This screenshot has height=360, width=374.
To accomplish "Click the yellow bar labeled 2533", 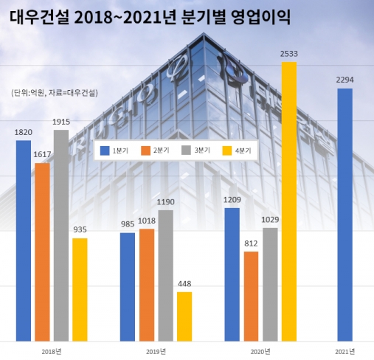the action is click(x=289, y=201).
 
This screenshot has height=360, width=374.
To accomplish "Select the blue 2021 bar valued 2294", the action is click(x=345, y=215).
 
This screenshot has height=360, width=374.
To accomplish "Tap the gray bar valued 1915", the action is click(x=61, y=235).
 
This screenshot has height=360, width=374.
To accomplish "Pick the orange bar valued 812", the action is click(x=252, y=297).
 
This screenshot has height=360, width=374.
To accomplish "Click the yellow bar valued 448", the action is click(x=184, y=316).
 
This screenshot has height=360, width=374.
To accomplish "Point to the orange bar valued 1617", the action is click(x=42, y=252).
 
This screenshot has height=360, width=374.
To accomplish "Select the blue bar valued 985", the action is click(x=128, y=287).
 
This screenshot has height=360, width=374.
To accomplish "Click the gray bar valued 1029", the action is click(x=270, y=285).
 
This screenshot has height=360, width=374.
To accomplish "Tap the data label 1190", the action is click(x=166, y=202).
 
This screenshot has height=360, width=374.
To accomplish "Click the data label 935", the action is click(x=80, y=229).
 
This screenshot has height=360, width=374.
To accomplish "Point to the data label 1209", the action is click(x=232, y=200).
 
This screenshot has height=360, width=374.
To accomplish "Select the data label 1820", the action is click(x=24, y=132).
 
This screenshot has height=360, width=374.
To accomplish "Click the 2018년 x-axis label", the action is click(x=52, y=352).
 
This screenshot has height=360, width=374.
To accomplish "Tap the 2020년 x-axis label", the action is click(x=260, y=352).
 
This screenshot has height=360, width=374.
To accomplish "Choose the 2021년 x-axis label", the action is click(x=345, y=352).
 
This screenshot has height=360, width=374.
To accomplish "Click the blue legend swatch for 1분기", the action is click(x=105, y=150).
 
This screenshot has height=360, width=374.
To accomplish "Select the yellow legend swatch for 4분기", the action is click(x=227, y=150).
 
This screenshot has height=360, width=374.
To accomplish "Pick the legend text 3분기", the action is click(x=202, y=150).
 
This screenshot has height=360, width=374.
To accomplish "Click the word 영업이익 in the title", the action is click(x=261, y=17).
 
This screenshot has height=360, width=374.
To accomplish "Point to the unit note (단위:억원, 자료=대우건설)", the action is click(x=55, y=93).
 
